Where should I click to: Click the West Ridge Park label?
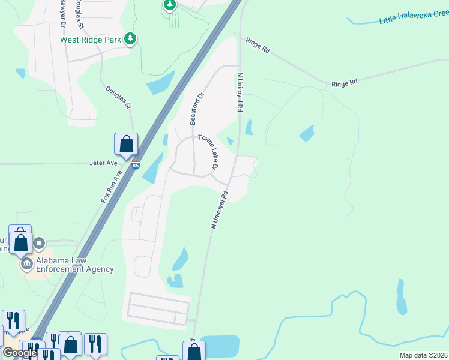pos(91,40)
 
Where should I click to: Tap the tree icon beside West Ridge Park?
pos(130,40)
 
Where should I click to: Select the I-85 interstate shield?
pos(136,164)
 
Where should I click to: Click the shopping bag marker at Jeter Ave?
pos(126,145)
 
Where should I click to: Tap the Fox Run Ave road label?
pos(111,186)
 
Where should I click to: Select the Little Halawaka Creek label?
pos(414,17)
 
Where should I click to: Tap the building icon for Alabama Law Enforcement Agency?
pos(27,263)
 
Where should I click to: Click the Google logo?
pos(20,353)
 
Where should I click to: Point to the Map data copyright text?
pos(423,355)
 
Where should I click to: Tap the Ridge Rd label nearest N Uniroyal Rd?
pos(256,45)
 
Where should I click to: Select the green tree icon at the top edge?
pos(169,5)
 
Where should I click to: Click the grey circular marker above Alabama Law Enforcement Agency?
pos(40,244)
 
